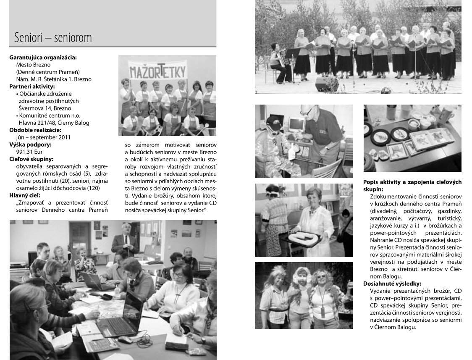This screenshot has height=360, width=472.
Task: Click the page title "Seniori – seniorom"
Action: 52,38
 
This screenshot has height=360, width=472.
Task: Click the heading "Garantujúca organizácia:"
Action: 43,58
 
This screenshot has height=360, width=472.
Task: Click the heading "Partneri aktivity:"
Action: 32,87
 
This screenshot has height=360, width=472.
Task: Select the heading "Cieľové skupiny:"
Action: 31,159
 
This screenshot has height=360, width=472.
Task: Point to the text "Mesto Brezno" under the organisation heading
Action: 33,65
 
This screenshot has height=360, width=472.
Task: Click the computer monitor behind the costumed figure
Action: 296,124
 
